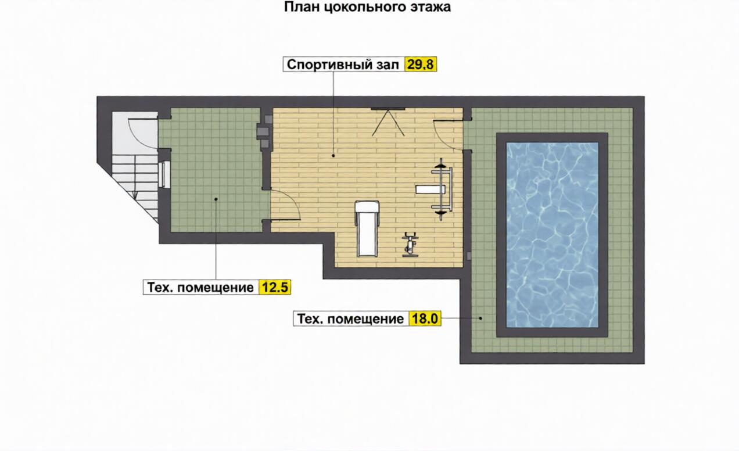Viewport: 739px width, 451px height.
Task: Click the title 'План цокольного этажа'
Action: click(367, 6)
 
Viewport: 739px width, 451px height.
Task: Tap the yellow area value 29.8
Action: click(420, 65)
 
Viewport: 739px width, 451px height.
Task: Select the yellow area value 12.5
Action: click(275, 287)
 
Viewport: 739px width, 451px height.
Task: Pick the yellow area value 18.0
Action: click(425, 318)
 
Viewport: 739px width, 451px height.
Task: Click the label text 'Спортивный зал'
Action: click(343, 65)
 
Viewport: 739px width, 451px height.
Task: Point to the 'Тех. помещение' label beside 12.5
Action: click(200, 288)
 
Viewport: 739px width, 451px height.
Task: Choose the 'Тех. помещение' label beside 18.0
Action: click(350, 319)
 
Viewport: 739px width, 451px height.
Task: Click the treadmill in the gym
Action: click(367, 228)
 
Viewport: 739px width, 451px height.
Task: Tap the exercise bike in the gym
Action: click(410, 245)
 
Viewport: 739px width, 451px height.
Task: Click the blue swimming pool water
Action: click(552, 235)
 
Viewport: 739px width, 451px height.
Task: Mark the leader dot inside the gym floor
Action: click(333, 155)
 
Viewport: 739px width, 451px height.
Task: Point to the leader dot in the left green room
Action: click(216, 199)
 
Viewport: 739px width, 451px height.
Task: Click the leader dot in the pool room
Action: click(480, 318)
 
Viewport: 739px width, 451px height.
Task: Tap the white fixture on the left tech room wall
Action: click(164, 174)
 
